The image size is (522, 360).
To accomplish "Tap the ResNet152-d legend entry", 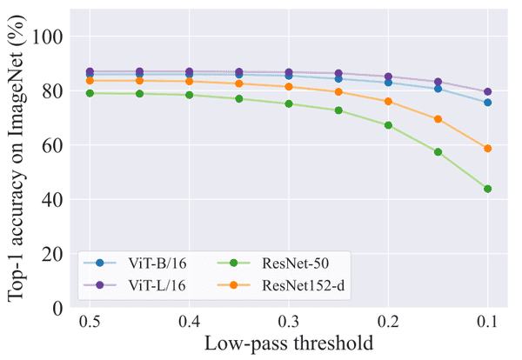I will coord(287,285).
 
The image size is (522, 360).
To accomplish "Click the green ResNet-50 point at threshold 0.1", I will coord(488,189).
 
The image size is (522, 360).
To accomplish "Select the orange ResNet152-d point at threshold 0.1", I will coord(488,149).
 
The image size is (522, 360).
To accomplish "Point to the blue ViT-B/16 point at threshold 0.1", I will coord(488,103).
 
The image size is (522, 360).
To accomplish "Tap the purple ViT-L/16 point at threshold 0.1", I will coord(488,91).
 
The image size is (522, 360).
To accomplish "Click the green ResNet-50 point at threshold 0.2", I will coord(388,125).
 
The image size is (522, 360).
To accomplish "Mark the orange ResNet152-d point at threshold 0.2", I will coord(388,101).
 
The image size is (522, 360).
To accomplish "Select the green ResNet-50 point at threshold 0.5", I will coord(89,93).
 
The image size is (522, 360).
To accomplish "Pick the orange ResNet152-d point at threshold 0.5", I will coord(89,81).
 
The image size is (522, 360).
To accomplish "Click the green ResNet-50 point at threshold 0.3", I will coord(289,104).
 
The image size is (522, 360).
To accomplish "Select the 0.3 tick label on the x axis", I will coord(289,323).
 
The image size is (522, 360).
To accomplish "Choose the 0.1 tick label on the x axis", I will coord(488,323).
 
